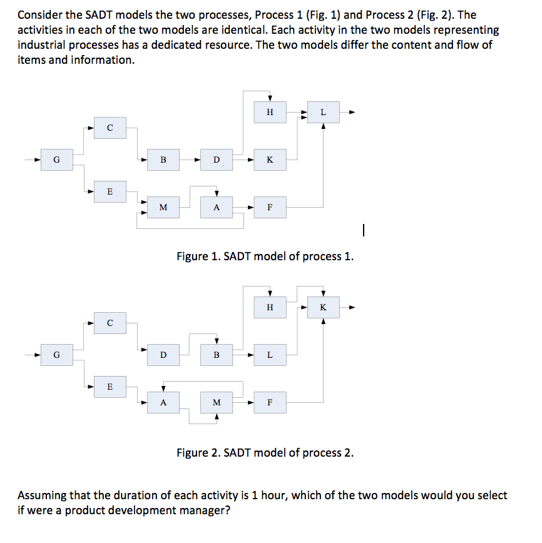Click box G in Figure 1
tap(56, 160)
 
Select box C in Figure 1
tap(110, 128)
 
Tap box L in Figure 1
tap(323, 113)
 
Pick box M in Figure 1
tap(163, 207)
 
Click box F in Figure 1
tap(270, 207)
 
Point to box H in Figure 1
tap(270, 113)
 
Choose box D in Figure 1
tap(217, 160)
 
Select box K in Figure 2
tap(323, 307)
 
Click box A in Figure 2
tap(163, 402)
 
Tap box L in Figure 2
tap(270, 355)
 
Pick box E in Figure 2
tap(110, 387)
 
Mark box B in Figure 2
tap(217, 355)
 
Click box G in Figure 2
tap(56, 355)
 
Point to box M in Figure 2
tap(217, 402)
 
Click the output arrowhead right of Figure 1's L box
tap(352, 113)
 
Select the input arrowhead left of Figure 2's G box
tap(37, 355)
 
